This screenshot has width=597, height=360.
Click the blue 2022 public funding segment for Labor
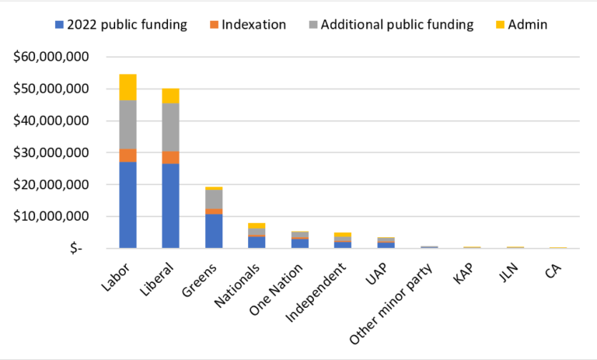click(127, 204)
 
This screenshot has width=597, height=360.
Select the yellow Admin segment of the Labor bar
click(127, 87)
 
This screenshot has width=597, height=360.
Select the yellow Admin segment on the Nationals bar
click(257, 225)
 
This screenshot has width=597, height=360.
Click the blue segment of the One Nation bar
click(299, 243)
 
